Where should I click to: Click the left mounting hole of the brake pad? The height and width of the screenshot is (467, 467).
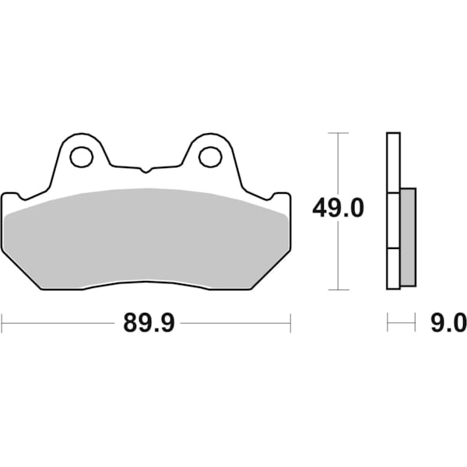point(81,157)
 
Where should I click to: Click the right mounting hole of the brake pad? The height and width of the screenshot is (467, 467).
point(209,157)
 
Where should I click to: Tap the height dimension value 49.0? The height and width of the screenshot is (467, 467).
point(338,209)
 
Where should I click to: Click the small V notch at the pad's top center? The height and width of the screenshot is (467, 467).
point(146,169)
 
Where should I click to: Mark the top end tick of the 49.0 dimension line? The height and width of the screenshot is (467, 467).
point(337,133)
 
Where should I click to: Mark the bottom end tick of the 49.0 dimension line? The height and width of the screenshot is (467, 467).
point(337,289)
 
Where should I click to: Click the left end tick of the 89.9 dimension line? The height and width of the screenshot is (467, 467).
point(2,321)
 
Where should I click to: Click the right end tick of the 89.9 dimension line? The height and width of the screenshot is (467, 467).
point(290,321)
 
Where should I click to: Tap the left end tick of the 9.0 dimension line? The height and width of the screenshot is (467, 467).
point(388,321)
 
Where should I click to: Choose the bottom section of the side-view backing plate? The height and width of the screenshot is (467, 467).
point(393,269)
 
